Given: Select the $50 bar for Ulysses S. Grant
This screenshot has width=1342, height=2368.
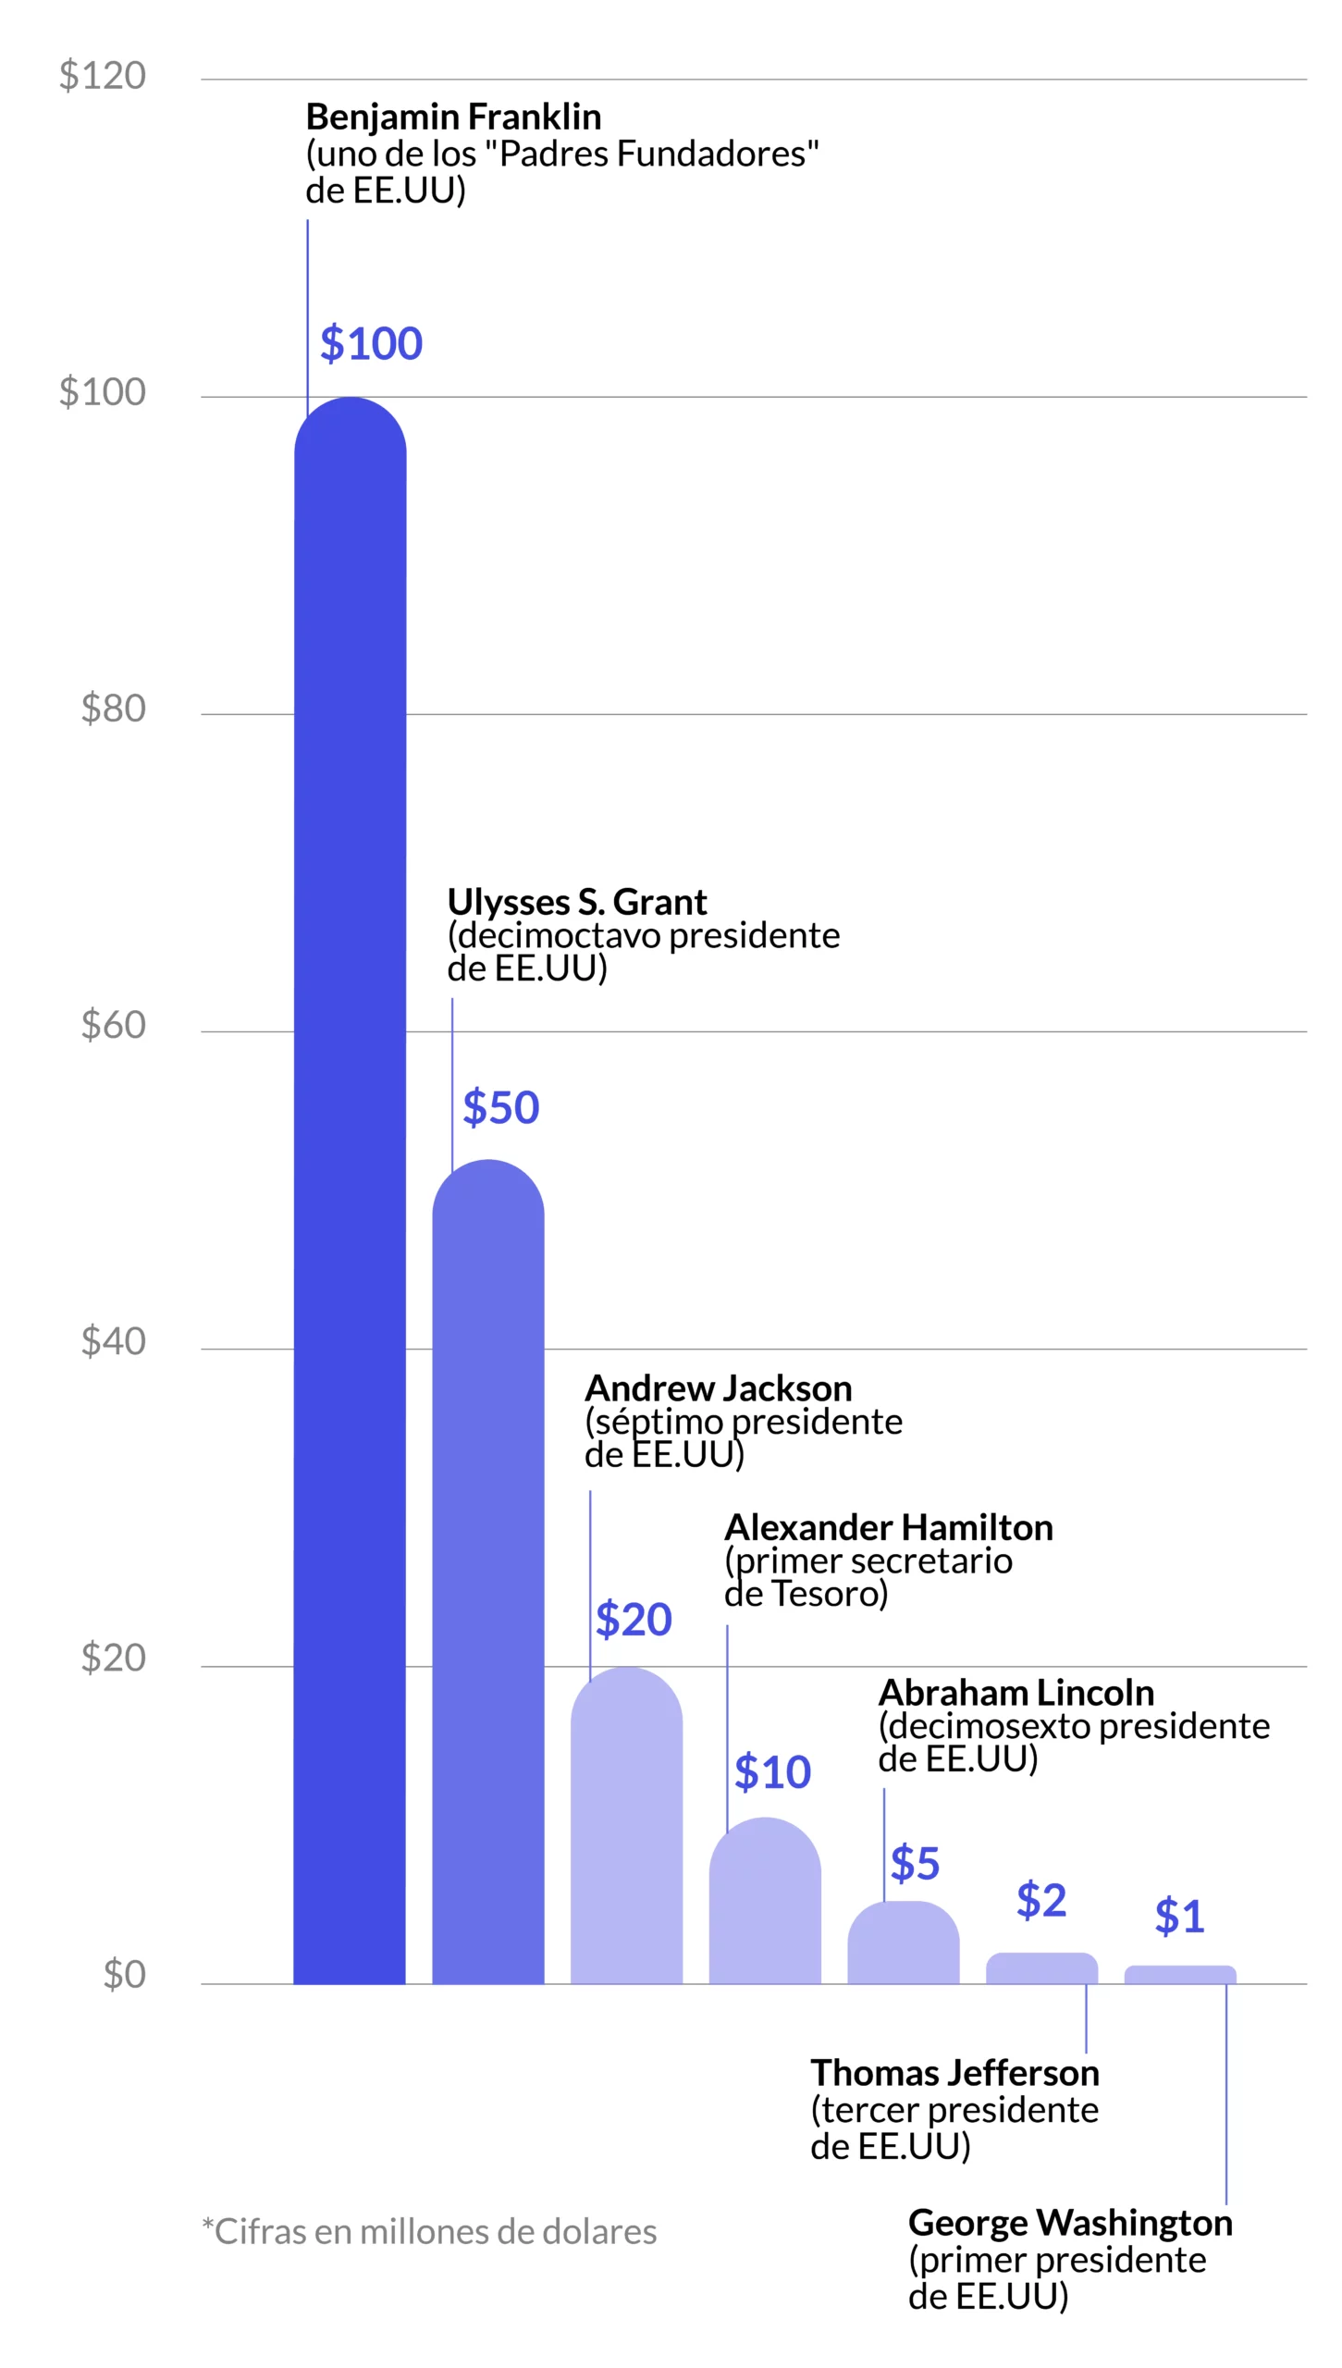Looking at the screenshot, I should (487, 1572).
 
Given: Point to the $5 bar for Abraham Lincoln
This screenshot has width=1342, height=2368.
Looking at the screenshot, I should (903, 1942).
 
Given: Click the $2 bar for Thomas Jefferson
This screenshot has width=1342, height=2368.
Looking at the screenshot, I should (1041, 1967).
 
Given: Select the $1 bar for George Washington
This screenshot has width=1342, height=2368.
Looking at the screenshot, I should (1179, 1974).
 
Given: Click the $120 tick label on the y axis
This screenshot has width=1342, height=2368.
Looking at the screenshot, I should (103, 75).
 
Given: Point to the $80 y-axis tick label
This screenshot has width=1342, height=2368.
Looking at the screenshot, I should (114, 709).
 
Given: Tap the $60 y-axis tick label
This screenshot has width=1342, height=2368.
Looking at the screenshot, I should (114, 1025).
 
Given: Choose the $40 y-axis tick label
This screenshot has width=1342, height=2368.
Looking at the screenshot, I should (114, 1341).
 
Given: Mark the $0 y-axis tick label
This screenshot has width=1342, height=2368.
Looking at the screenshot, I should (125, 1974).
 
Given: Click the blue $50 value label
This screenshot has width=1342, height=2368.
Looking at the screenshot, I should (500, 1107).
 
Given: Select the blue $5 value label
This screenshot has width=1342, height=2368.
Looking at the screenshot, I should (914, 1862).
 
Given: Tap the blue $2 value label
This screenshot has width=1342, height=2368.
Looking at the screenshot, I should (1041, 1900).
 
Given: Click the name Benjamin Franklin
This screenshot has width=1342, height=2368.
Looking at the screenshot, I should (453, 117).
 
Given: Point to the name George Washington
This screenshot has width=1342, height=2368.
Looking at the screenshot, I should (1070, 2223).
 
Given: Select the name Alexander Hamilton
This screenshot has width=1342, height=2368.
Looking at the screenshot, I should (888, 1528).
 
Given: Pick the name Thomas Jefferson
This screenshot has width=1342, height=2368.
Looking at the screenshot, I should (954, 2073).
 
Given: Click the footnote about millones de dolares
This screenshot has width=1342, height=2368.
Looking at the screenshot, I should (429, 2232).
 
